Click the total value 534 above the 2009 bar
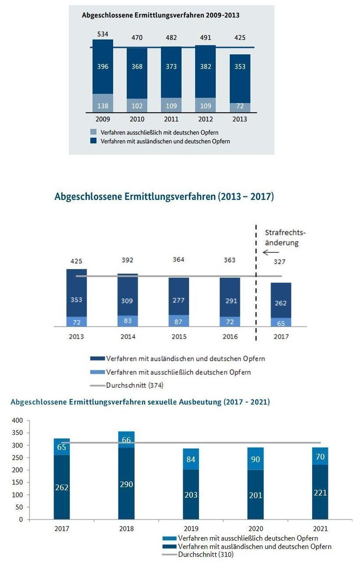102,34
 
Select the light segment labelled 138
102,106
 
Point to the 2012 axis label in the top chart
205,119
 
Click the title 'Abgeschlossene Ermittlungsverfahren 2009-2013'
161,15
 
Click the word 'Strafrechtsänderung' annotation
282,238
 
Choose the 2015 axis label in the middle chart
179,337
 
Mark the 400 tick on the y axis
17,420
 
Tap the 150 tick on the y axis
17,482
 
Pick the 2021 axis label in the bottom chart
321,528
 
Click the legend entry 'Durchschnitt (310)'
205,555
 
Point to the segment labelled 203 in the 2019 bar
191,495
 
